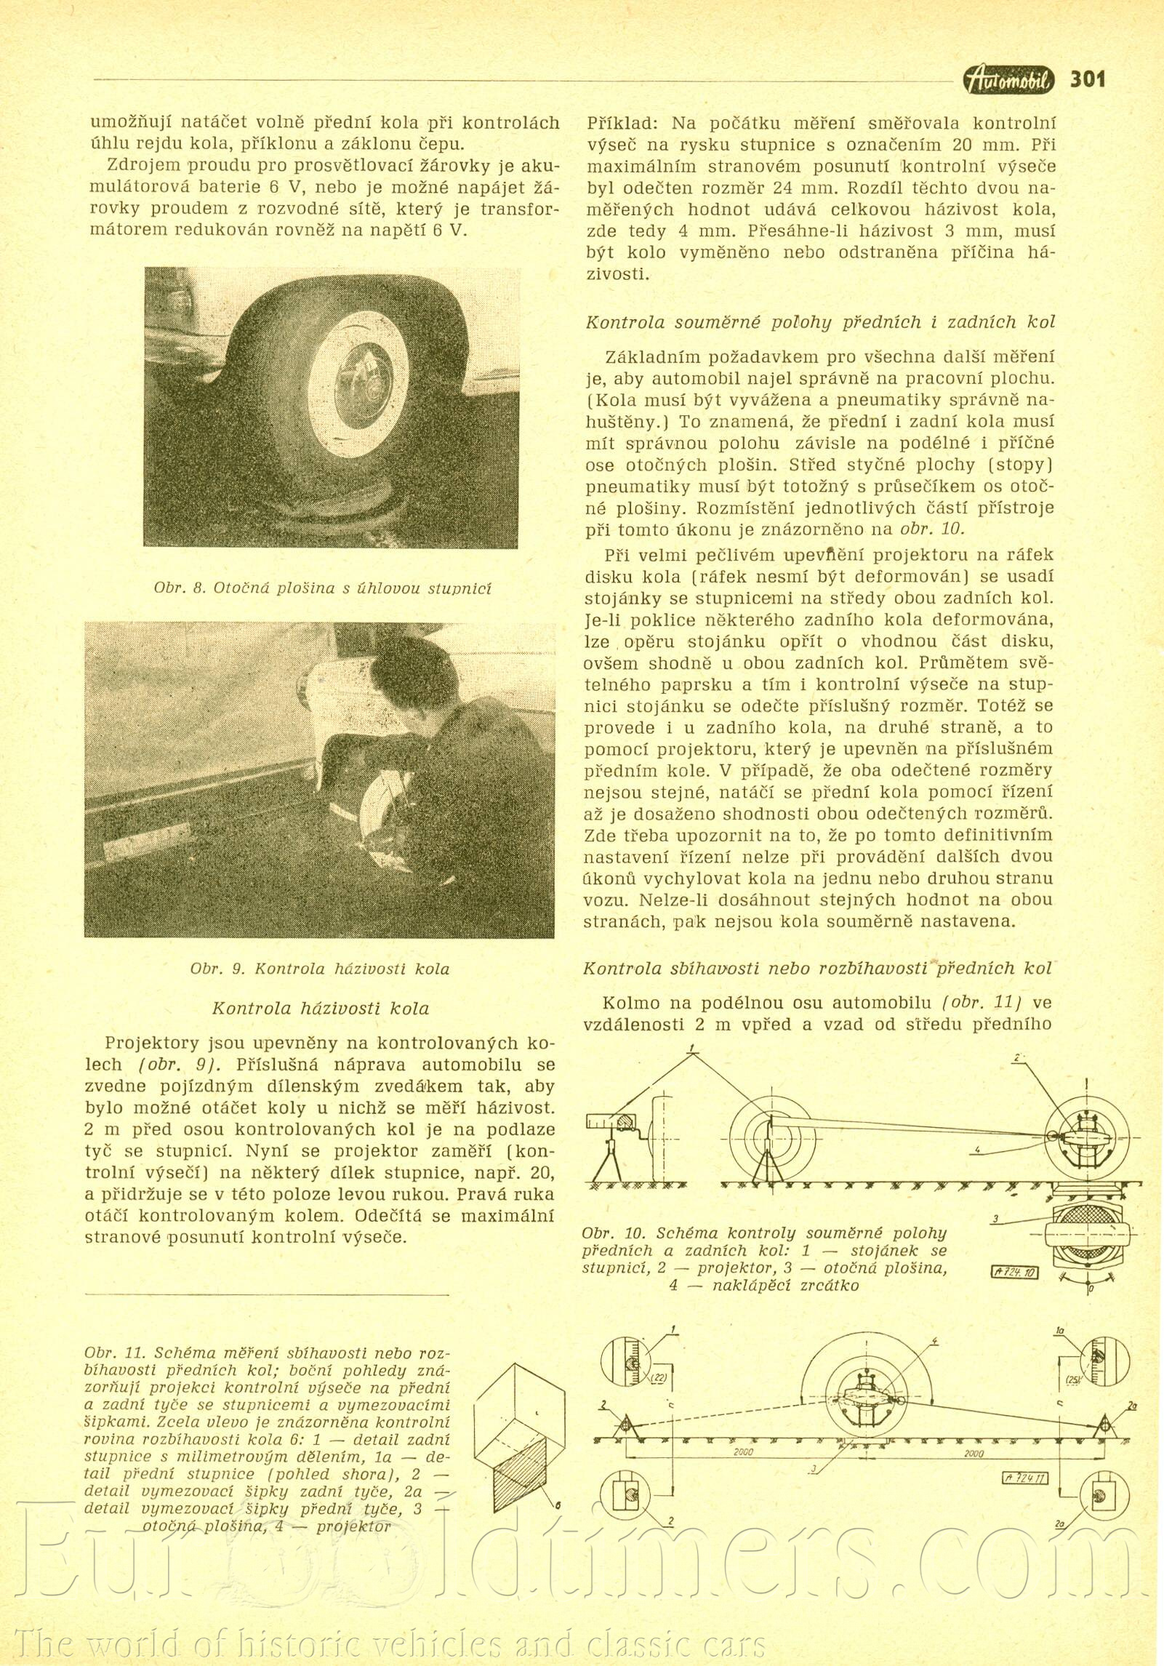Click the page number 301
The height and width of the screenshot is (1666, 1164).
1087,79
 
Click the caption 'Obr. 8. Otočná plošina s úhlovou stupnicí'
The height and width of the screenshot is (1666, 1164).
322,588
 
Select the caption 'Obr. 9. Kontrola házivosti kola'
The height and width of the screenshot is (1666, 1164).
320,969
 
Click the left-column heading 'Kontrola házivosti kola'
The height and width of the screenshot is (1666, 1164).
320,1009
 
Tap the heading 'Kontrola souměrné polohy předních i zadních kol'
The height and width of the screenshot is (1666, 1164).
820,322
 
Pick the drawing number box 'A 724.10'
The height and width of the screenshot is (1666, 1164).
1015,1272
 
